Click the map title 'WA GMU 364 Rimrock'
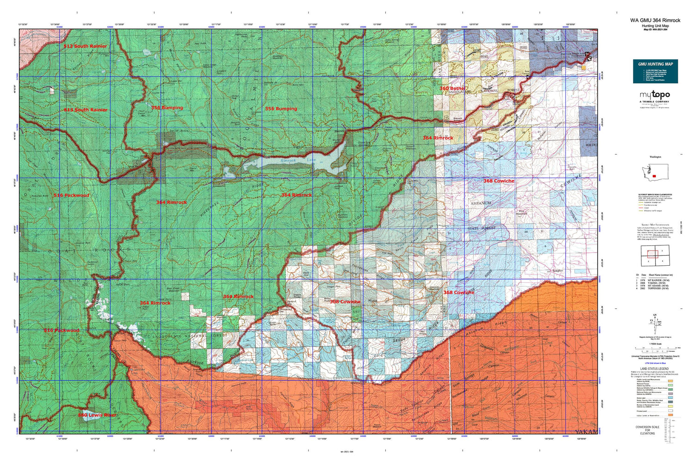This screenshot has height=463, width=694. (x=655, y=20)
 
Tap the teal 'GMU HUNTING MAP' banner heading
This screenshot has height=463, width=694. (x=655, y=64)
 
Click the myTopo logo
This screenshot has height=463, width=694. (x=655, y=95)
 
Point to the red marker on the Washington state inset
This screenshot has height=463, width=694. (x=653, y=176)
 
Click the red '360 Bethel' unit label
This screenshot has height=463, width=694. (x=452, y=88)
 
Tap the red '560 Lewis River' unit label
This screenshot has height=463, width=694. (x=97, y=415)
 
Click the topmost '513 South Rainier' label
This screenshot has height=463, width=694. (x=86, y=46)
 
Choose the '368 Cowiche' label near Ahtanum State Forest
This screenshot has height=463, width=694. (x=499, y=181)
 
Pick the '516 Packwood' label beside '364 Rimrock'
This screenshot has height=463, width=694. (x=71, y=195)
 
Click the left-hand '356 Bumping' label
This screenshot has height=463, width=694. (x=167, y=108)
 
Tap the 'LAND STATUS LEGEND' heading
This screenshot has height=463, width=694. (x=654, y=369)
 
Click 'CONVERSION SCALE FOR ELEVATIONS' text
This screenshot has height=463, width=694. (x=647, y=430)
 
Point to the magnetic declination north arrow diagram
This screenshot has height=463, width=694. (x=655, y=321)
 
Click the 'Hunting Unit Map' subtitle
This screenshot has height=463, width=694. (x=655, y=26)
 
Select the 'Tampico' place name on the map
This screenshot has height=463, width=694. (x=557, y=271)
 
